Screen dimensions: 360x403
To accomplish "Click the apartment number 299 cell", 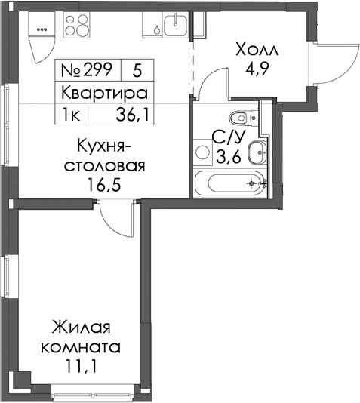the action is [88, 70].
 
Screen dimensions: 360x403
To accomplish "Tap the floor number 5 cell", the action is [137, 70].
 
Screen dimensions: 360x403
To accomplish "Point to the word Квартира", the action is [104, 93].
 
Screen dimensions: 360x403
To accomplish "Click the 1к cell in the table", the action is [71, 115].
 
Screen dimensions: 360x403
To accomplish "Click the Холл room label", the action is [257, 49].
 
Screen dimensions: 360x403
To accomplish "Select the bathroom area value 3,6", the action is [229, 157].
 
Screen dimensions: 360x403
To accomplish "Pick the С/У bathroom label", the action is [229, 138].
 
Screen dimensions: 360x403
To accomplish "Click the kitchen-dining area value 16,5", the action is [104, 185].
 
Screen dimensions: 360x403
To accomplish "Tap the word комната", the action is [81, 347].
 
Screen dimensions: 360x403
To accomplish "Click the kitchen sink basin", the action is [176, 26].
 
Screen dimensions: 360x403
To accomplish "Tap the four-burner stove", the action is [76, 25].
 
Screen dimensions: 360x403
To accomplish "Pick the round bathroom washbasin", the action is [257, 152].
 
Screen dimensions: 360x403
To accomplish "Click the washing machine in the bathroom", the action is [203, 152].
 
